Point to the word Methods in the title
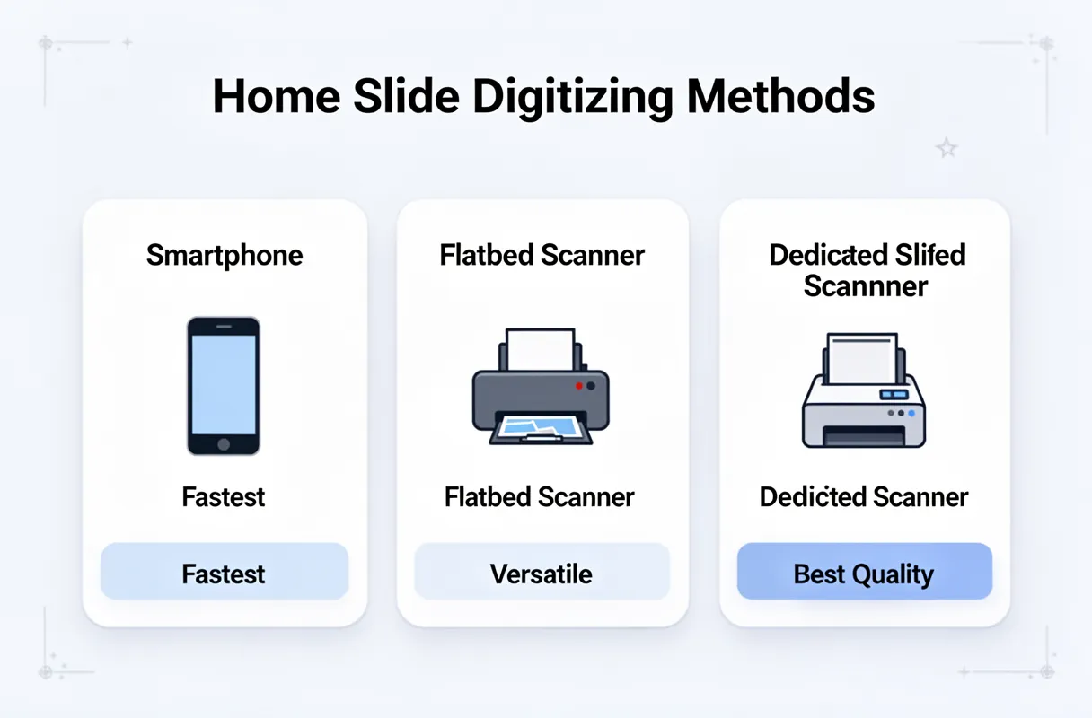[781, 97]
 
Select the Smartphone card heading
[225, 255]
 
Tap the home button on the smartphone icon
[224, 444]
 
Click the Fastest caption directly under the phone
[224, 496]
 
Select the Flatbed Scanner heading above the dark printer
[542, 255]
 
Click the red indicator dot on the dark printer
[578, 385]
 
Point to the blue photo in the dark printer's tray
[540, 425]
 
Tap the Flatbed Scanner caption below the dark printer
[540, 496]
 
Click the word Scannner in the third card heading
[865, 286]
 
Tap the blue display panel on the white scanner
[894, 394]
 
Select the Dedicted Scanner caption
[864, 496]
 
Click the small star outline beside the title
[947, 148]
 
